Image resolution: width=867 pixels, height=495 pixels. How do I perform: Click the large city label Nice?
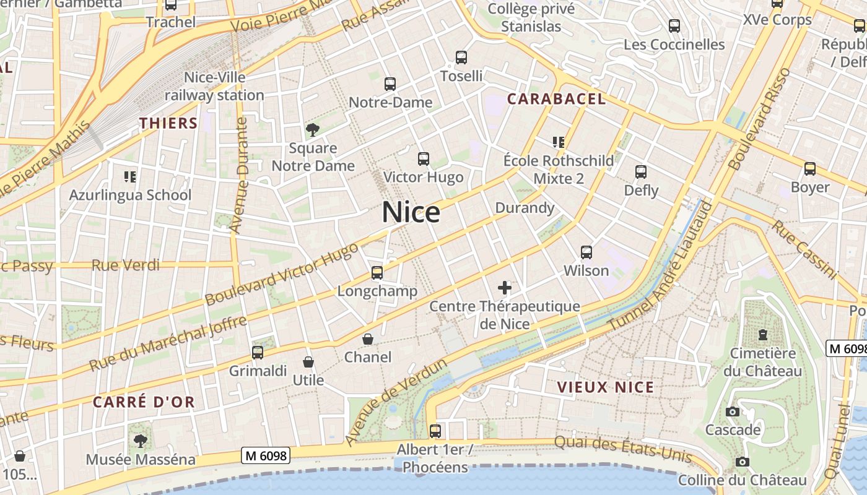click(x=411, y=212)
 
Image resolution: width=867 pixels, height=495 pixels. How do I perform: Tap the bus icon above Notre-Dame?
click(x=390, y=84)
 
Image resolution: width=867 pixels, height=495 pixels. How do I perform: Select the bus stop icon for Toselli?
click(x=461, y=58)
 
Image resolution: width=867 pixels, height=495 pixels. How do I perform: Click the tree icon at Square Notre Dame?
click(x=313, y=130)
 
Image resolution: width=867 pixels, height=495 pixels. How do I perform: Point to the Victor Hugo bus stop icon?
click(x=423, y=159)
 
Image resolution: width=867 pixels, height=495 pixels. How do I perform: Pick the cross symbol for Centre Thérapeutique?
click(x=505, y=288)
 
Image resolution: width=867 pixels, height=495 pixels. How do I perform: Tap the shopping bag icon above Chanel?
click(x=368, y=339)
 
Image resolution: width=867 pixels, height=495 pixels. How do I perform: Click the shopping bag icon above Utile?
click(x=308, y=362)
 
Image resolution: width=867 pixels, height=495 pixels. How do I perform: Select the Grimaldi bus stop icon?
click(x=258, y=353)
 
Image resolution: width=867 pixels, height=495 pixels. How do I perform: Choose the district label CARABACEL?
click(x=556, y=99)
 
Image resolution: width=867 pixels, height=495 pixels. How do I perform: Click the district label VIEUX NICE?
click(x=605, y=387)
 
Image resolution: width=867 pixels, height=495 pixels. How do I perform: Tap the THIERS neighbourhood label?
click(x=168, y=123)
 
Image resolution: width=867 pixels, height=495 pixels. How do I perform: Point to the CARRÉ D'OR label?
click(x=144, y=402)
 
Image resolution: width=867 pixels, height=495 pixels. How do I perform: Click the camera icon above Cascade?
click(x=732, y=411)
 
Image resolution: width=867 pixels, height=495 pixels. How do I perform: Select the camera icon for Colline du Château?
click(x=742, y=462)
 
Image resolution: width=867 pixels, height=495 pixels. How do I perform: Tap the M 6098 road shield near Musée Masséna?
click(x=266, y=456)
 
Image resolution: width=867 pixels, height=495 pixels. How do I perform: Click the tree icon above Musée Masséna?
click(x=141, y=441)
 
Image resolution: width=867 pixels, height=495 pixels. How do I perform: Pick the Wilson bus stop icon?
click(x=586, y=252)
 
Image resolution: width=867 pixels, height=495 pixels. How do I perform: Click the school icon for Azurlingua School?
click(x=130, y=177)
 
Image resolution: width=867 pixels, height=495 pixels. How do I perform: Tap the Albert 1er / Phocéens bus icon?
click(x=435, y=431)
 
